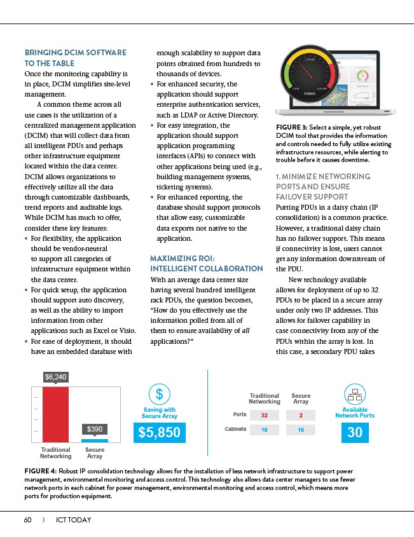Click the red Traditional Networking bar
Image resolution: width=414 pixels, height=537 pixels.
click(55, 413)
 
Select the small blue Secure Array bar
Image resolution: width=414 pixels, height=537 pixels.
click(95, 440)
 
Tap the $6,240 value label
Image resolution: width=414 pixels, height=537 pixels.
click(55, 377)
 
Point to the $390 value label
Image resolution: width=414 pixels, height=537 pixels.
click(95, 430)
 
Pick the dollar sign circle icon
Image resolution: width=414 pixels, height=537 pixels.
click(160, 393)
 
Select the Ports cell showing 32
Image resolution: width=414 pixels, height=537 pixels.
click(264, 415)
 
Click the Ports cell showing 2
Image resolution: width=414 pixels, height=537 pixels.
click(301, 415)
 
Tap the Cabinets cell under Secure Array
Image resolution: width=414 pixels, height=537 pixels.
click(301, 430)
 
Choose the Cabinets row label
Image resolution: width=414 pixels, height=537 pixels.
click(235, 430)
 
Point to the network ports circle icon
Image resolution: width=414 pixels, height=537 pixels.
click(355, 393)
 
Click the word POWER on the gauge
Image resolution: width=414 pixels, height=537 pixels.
click(310, 93)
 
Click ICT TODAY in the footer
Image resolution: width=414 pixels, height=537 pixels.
click(73, 520)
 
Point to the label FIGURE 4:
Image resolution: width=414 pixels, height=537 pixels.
click(39, 470)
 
